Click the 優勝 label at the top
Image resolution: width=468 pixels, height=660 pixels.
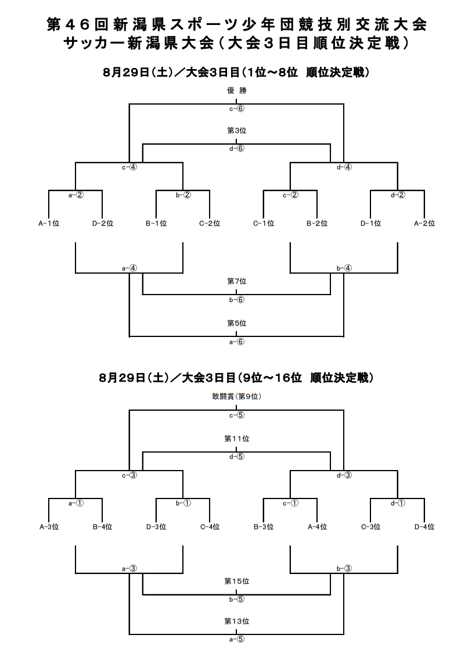237,91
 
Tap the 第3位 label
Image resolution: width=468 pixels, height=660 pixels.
237,131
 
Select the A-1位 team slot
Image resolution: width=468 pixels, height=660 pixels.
49,224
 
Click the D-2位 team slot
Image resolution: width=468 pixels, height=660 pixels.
103,224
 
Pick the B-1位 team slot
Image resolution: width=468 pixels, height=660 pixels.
156,224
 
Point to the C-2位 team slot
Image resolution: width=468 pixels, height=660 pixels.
210,224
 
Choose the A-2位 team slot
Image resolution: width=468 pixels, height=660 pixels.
424,224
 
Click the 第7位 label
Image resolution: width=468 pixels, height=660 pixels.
237,281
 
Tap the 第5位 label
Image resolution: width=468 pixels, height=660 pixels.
237,323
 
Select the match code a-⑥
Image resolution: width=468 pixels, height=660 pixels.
237,342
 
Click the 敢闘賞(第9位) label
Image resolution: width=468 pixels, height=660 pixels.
237,396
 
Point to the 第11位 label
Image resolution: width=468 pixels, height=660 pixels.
237,439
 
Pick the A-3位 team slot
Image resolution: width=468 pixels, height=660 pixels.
49,526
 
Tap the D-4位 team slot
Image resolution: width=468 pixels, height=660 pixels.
424,526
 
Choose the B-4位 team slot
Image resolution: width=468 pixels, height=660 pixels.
103,526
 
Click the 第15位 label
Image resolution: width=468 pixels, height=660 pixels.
237,582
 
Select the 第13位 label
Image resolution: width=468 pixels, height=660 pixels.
237,621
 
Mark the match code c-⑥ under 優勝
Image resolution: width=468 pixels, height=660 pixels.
237,109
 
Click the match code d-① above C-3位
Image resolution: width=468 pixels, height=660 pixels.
398,503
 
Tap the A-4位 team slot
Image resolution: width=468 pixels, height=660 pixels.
317,526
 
